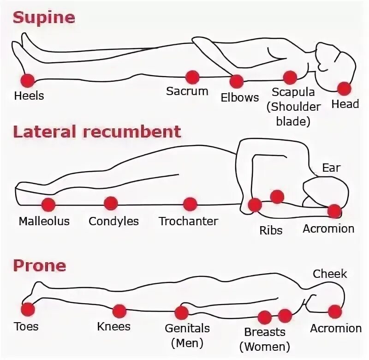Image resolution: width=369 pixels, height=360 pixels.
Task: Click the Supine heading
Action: (44, 18)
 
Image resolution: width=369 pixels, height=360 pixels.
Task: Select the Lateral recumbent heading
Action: (96, 132)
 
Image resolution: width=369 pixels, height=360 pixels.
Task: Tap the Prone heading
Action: (39, 266)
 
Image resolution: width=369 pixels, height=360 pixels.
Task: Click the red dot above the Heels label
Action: (27, 80)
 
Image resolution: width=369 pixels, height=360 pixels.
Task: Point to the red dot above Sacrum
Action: (192, 77)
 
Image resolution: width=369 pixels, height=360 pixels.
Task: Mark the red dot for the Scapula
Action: (290, 78)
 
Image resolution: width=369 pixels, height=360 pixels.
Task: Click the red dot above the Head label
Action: (344, 88)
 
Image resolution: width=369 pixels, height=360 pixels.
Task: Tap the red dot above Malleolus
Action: (48, 204)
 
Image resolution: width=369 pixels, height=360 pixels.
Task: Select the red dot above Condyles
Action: (111, 203)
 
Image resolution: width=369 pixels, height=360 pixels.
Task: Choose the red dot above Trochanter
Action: (190, 204)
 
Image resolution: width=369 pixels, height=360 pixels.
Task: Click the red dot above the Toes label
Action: (28, 309)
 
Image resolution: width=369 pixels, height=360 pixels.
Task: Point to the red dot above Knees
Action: (119, 311)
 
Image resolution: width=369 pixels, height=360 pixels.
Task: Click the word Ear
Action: (331, 168)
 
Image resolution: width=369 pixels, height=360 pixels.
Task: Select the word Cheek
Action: (330, 274)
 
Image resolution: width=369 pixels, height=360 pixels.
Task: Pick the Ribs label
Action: (271, 229)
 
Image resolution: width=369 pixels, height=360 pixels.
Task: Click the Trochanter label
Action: (188, 221)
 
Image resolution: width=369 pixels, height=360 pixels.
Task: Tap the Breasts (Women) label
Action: (264, 338)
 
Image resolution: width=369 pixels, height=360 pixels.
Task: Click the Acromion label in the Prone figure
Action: (335, 328)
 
